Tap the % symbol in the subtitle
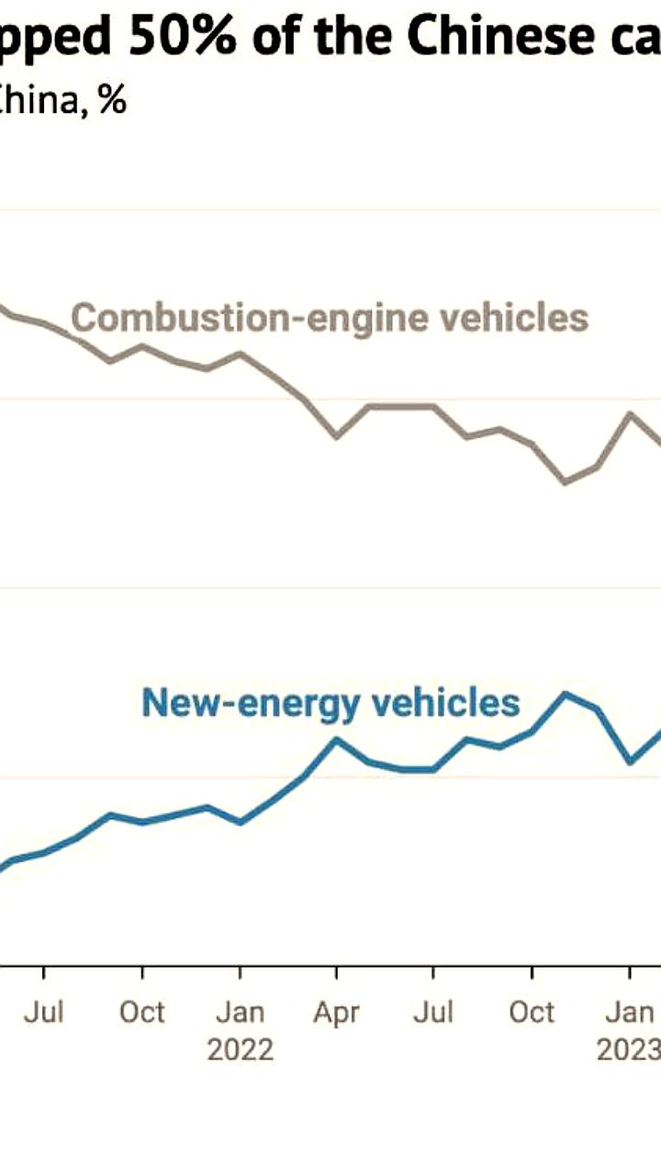113,100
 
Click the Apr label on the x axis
336,1012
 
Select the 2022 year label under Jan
240,1049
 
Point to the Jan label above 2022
240,1012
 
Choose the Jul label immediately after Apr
433,1012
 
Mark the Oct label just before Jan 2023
532,1012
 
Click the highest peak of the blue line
566,694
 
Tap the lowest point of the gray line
565,481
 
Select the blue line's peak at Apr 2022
337,739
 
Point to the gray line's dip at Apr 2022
337,436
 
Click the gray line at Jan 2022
240,354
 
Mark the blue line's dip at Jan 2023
630,762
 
